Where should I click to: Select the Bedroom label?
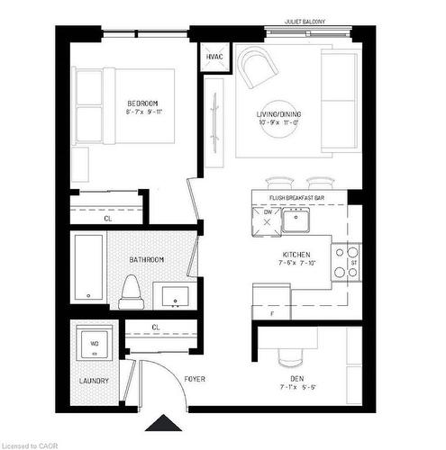pyautogui.click(x=142, y=104)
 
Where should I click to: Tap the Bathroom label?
pyautogui.click(x=146, y=259)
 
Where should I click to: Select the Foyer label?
pyautogui.click(x=196, y=379)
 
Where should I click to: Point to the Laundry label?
pyautogui.click(x=94, y=381)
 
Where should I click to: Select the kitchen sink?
pyautogui.click(x=296, y=218)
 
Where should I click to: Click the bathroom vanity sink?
pyautogui.click(x=172, y=294)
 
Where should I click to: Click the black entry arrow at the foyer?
pyautogui.click(x=162, y=423)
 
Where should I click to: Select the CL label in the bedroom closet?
pyautogui.click(x=108, y=218)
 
